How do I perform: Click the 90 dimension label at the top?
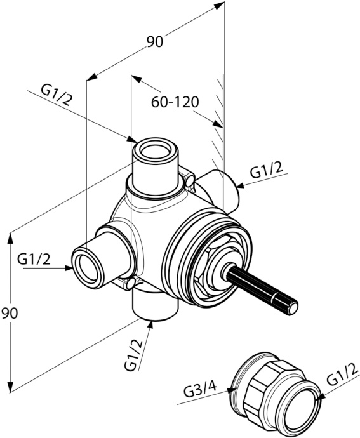pyautogui.click(x=155, y=42)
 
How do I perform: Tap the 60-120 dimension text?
pyautogui.click(x=175, y=102)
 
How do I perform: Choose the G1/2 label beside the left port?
pyautogui.click(x=34, y=258)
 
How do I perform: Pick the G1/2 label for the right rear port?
pyautogui.click(x=266, y=170)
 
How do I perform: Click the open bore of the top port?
pyautogui.click(x=154, y=152)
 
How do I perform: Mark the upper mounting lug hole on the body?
pyautogui.click(x=189, y=183)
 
